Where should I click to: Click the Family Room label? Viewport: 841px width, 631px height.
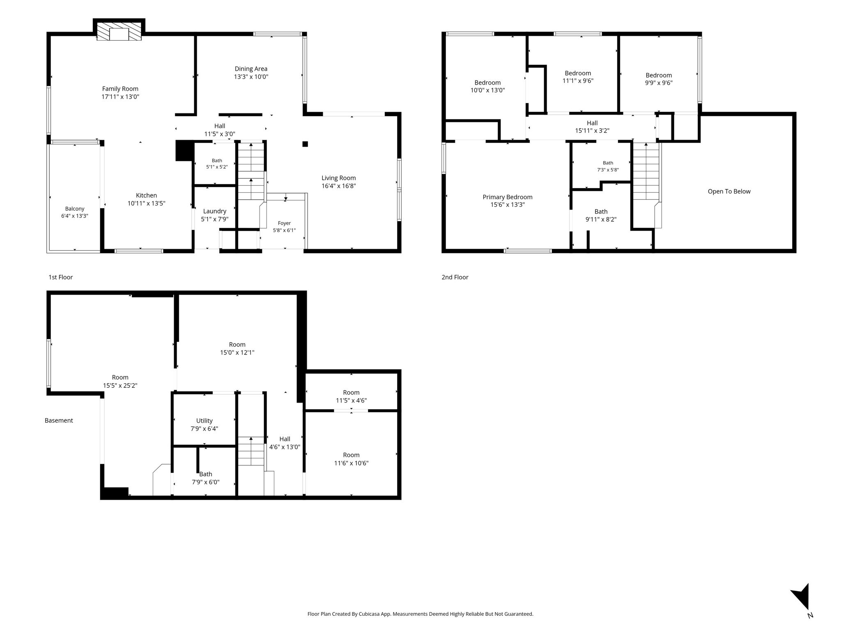pyautogui.click(x=120, y=89)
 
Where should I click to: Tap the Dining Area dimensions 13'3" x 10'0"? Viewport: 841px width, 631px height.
pyautogui.click(x=251, y=77)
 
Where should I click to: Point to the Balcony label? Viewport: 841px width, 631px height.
pyautogui.click(x=75, y=209)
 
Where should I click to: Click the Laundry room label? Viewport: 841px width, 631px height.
pyautogui.click(x=214, y=211)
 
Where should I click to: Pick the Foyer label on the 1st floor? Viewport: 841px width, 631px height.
pyautogui.click(x=284, y=223)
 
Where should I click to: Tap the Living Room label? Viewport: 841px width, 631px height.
pyautogui.click(x=338, y=178)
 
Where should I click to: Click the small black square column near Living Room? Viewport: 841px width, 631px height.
pyautogui.click(x=305, y=144)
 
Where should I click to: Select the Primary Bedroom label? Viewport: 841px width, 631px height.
pyautogui.click(x=508, y=197)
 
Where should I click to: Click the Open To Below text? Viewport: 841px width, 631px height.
pyautogui.click(x=729, y=191)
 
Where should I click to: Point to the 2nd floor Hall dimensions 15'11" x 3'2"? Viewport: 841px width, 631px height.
pyautogui.click(x=592, y=131)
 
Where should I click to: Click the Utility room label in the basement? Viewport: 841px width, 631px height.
pyautogui.click(x=204, y=421)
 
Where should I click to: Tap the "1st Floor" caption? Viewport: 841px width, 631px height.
pyautogui.click(x=60, y=277)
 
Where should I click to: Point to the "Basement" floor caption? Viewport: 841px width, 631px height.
pyautogui.click(x=59, y=421)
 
